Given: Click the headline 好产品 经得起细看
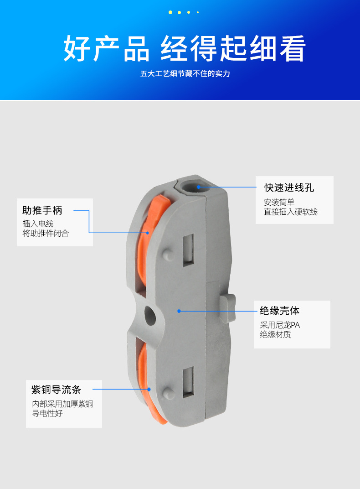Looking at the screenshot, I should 184,48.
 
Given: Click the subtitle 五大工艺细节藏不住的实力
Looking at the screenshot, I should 185,73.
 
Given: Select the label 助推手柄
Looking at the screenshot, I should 42,210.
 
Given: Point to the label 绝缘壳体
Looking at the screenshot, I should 279,311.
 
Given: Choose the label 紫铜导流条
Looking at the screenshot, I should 56,390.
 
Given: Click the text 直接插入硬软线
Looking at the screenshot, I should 290,212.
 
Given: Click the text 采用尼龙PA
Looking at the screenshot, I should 280,325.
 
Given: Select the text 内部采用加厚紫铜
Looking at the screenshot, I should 62,404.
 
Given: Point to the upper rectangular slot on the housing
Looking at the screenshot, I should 188,250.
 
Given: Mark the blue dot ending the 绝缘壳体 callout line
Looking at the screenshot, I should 180,311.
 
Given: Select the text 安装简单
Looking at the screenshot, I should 279,203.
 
